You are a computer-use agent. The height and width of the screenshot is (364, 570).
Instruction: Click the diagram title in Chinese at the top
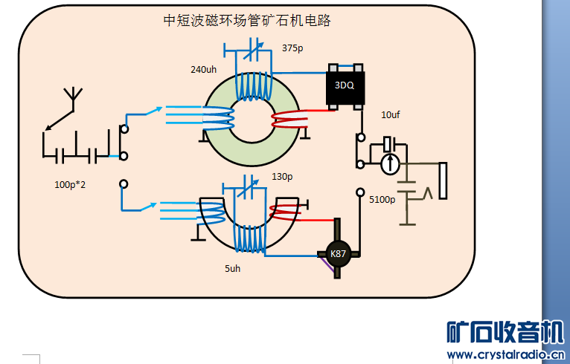(247, 21)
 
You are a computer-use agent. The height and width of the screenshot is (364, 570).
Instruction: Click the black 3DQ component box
(345, 85)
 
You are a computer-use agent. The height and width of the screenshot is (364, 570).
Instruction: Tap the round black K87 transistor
(339, 254)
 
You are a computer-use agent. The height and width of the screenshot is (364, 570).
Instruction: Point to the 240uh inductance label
(204, 69)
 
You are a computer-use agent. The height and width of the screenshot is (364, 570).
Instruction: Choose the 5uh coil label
(232, 267)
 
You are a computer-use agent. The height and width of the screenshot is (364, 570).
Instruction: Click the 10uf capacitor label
(391, 114)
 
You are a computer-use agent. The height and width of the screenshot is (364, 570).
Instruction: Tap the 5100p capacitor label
(382, 199)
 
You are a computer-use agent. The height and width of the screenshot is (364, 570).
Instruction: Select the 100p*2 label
(70, 184)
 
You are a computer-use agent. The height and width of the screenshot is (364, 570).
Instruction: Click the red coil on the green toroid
(289, 119)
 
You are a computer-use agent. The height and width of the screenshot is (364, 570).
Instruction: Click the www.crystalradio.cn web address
(505, 354)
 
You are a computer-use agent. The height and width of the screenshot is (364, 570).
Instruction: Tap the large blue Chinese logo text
(505, 331)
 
